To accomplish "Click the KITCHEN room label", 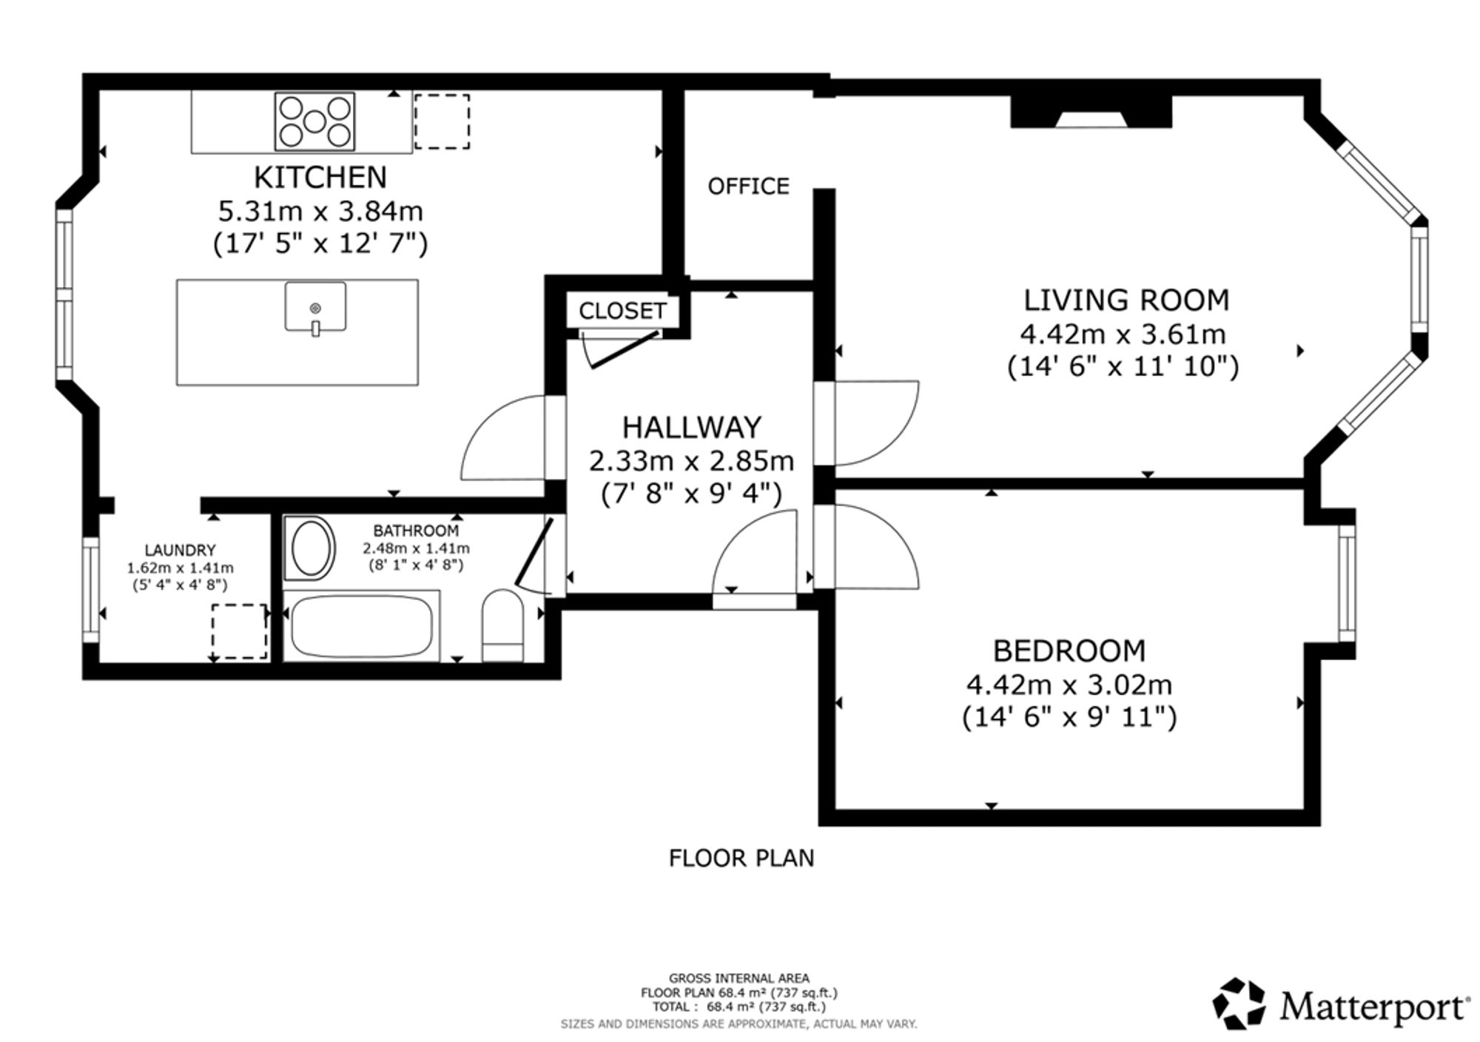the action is click(320, 178).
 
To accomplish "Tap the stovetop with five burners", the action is click(314, 121).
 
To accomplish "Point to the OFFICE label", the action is click(748, 186).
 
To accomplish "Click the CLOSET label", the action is click(622, 311).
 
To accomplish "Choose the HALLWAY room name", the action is click(691, 427).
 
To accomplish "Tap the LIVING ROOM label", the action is click(1126, 300).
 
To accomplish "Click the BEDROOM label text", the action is click(1069, 651).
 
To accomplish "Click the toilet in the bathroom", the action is click(502, 625).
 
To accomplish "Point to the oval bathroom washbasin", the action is click(310, 548).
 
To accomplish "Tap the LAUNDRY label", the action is click(180, 550).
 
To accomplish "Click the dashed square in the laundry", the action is click(239, 631).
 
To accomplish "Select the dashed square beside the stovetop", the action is click(442, 121).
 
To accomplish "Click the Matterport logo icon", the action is click(1239, 1004).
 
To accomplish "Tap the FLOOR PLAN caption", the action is click(741, 858).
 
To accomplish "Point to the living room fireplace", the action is click(1091, 112).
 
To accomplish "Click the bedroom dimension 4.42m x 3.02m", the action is click(1069, 685).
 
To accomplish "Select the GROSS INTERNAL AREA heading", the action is click(739, 978).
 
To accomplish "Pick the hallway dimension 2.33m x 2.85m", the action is click(691, 461).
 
